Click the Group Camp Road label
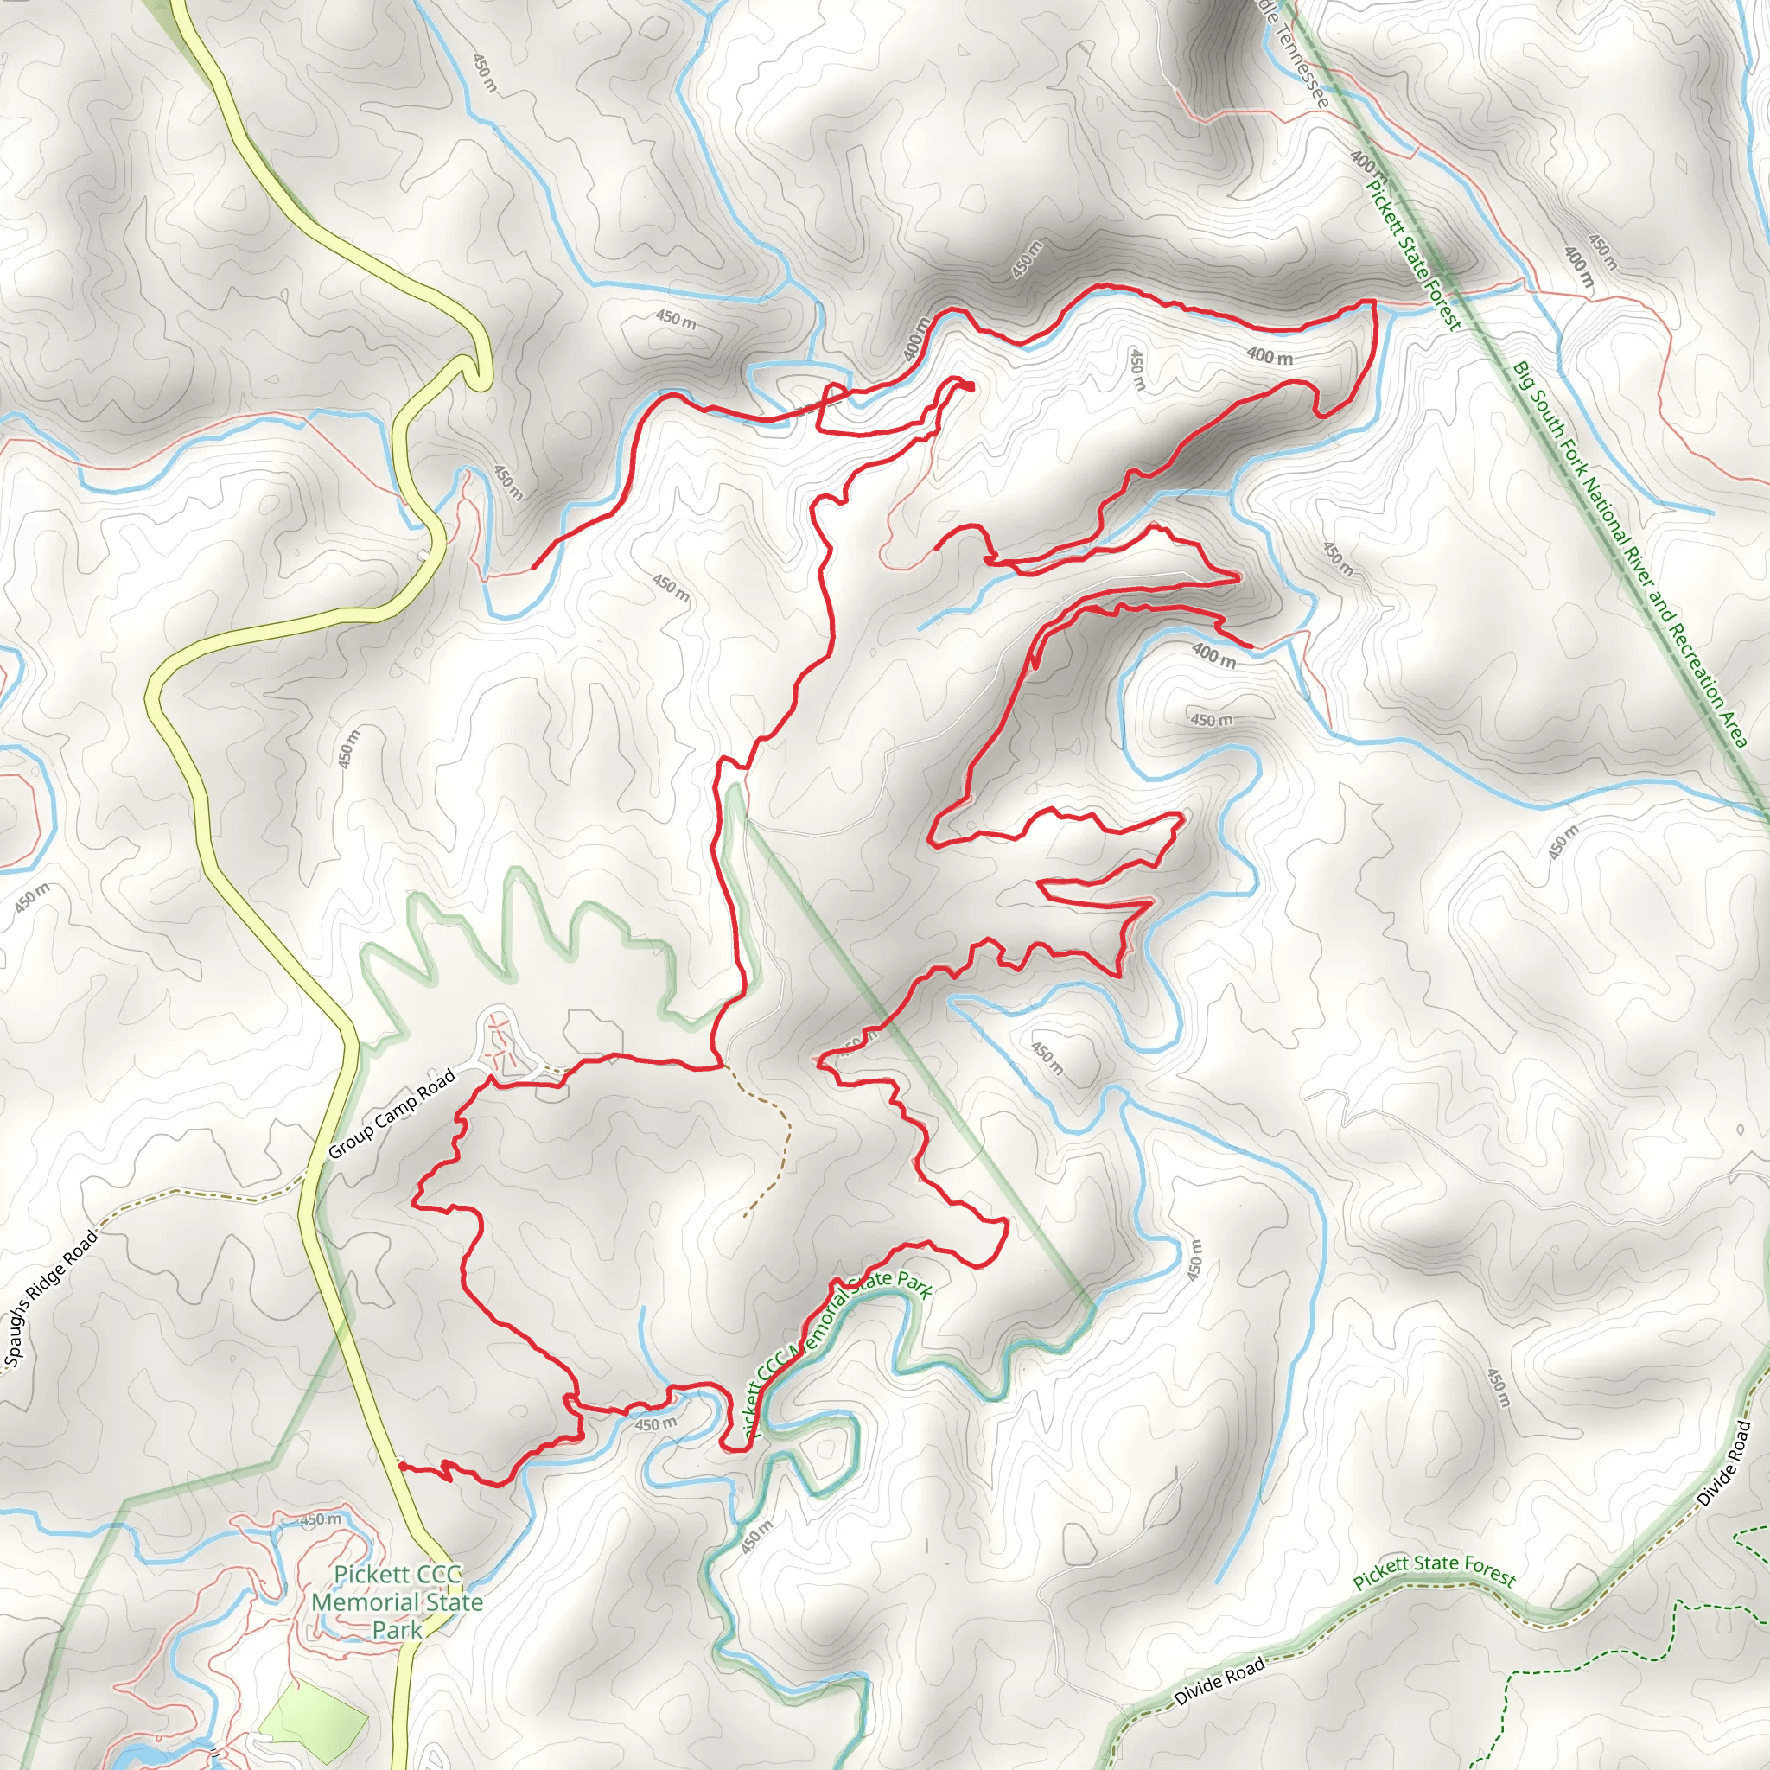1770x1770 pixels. click(392, 1114)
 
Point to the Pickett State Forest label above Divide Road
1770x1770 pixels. click(1435, 1569)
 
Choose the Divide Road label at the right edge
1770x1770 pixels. click(1723, 1463)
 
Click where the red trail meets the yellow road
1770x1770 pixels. click(399, 1466)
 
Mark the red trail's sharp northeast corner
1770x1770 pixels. click(1373, 302)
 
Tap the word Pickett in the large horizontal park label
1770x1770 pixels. click(397, 1574)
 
